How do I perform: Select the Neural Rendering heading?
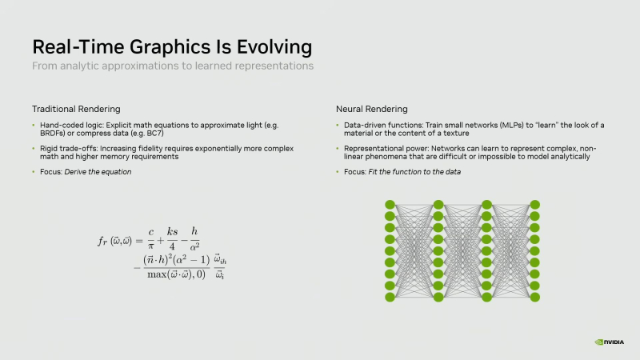370,109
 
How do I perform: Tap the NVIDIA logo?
610,342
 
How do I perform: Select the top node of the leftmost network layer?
390,205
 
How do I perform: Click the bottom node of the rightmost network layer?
534,297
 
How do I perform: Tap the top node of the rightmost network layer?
534,205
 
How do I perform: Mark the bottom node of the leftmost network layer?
390,297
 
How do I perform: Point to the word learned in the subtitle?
218,66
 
